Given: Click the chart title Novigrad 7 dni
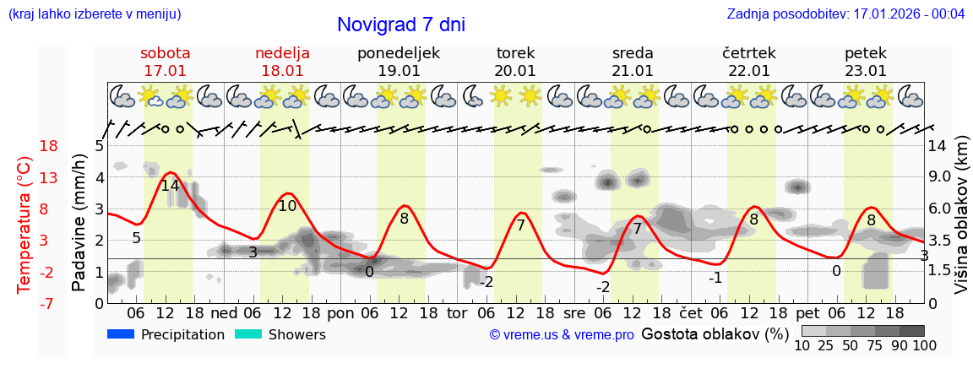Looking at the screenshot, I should click(x=401, y=24).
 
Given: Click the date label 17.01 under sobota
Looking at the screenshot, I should click(x=165, y=71).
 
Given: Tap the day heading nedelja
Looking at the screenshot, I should click(x=282, y=53).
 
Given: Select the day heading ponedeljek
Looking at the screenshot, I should click(x=399, y=53).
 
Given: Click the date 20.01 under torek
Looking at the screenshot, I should click(x=515, y=71).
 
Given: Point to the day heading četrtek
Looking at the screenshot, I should click(x=749, y=53).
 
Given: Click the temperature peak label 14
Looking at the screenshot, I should click(x=170, y=186).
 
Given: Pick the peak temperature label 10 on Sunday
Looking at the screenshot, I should click(x=287, y=205).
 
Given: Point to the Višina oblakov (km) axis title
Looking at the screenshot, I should click(x=961, y=224).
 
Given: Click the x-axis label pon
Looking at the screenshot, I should click(x=340, y=312).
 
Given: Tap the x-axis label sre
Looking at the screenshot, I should click(x=574, y=312).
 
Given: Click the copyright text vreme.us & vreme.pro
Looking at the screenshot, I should click(x=562, y=334).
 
